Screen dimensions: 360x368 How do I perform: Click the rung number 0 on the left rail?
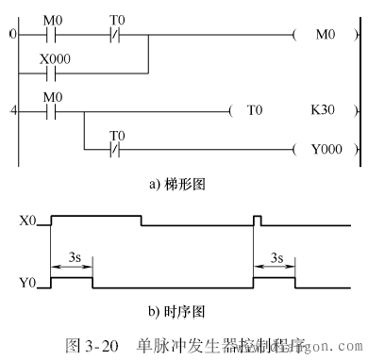[12, 36]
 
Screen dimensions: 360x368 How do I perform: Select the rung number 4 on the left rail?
[12, 110]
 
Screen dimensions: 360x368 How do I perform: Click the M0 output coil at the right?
[325, 36]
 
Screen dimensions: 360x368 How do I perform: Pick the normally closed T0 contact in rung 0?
[117, 36]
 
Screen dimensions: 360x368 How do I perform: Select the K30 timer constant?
[325, 110]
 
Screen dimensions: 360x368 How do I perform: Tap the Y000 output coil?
[325, 149]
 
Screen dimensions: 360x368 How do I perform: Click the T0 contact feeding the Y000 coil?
[117, 149]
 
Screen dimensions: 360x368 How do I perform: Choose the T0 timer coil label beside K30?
[254, 110]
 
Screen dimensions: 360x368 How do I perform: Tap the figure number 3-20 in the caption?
[96, 345]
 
